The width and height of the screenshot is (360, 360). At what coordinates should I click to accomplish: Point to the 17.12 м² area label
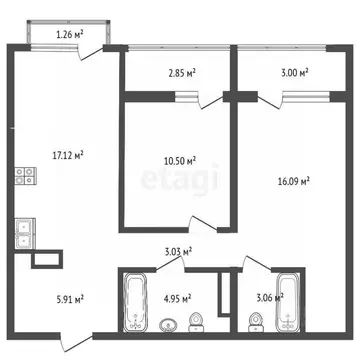[x=68, y=154]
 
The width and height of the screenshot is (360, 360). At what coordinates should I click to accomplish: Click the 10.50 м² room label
[x=178, y=160]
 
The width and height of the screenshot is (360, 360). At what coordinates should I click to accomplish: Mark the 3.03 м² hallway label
[x=178, y=252]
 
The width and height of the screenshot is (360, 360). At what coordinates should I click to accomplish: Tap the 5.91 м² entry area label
[x=68, y=297]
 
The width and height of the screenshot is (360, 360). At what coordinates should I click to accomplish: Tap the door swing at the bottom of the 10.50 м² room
[x=200, y=225]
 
